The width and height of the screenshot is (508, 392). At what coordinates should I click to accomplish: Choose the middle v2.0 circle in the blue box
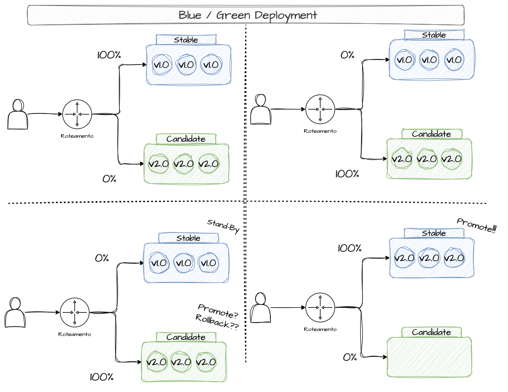coord(429,258)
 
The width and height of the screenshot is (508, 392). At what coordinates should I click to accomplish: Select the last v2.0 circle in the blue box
coord(453,258)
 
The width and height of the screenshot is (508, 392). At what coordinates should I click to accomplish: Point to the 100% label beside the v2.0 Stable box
coord(349,248)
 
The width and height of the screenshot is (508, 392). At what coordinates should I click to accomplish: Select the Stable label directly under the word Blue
coord(186,40)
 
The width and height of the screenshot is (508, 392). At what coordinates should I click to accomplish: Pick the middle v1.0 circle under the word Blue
coord(187,64)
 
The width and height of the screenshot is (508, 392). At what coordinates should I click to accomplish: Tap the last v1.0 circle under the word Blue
coord(211,64)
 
